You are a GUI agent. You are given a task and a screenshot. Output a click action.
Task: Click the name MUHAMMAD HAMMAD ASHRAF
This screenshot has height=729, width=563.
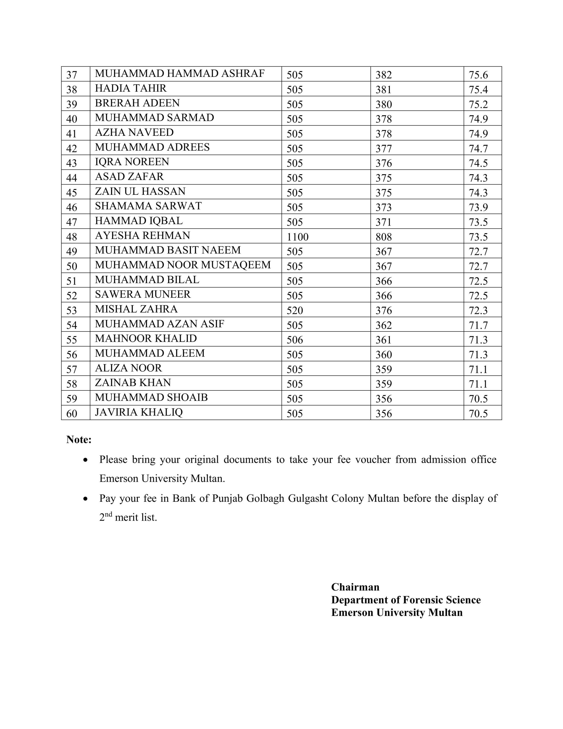coord(180,73)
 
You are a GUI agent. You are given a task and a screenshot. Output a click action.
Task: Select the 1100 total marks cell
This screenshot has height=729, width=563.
coord(297,237)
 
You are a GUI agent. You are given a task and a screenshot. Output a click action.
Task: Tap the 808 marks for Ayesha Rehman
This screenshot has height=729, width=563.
coord(383,237)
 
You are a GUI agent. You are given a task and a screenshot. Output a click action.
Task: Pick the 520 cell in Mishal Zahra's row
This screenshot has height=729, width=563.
coord(295,310)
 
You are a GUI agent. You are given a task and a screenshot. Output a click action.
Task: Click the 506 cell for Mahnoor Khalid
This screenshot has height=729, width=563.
coord(295,340)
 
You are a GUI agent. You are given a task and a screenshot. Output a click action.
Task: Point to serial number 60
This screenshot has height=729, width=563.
coord(72,413)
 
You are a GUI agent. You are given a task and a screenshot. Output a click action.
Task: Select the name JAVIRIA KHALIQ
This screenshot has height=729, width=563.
coord(139,412)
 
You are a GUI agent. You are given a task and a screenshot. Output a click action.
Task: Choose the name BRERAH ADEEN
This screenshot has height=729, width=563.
coord(137,103)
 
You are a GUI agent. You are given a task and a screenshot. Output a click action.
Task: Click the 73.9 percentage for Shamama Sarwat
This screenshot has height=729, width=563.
coord(478,207)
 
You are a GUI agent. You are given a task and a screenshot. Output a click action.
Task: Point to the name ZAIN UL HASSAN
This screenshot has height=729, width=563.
coord(140,191)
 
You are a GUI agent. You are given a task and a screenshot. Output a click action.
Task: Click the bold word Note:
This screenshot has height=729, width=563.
coord(79,440)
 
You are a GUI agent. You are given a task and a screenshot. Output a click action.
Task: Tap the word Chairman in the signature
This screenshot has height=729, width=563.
coord(355,587)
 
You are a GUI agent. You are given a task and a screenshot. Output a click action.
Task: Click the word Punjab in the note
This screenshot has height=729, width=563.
coord(227,498)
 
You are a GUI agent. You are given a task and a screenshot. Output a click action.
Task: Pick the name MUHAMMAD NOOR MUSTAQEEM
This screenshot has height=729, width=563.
coord(182,265)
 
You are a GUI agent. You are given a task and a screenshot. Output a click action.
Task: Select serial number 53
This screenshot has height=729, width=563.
coord(72,310)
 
